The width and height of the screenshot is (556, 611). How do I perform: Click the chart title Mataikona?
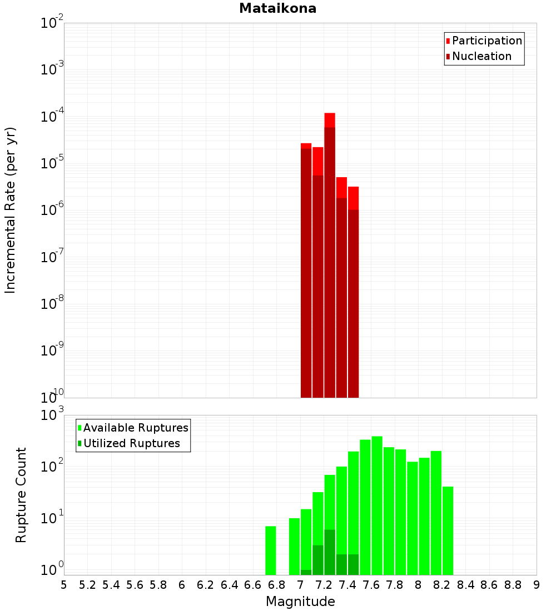coord(277,9)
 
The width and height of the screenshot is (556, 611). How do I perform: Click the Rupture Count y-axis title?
coord(21,494)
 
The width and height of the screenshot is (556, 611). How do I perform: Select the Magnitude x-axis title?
coord(300,602)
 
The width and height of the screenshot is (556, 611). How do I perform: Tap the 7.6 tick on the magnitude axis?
coord(371,585)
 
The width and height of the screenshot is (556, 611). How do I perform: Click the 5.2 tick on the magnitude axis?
coord(87,585)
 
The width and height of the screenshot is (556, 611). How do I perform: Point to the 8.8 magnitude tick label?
coord(513,585)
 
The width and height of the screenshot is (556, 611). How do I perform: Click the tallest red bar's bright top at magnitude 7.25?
coord(330,120)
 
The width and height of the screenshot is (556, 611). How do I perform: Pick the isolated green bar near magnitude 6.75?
coord(271,550)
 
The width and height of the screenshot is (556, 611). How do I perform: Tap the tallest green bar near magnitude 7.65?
coord(377,500)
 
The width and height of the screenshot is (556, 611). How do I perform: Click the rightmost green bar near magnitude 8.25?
coord(448,528)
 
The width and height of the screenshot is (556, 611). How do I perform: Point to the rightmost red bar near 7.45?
coord(353,198)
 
